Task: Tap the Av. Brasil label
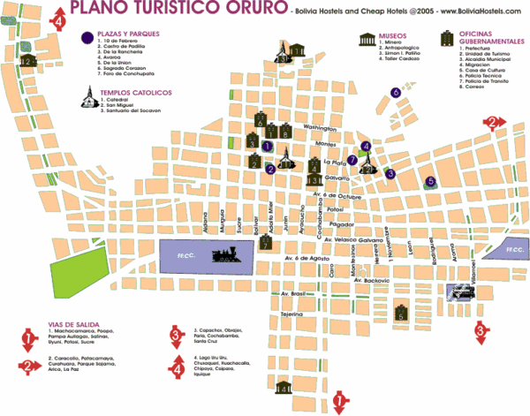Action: [x=291, y=292]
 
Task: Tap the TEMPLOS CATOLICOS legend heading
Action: [x=135, y=92]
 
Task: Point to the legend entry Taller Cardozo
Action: [x=400, y=65]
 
